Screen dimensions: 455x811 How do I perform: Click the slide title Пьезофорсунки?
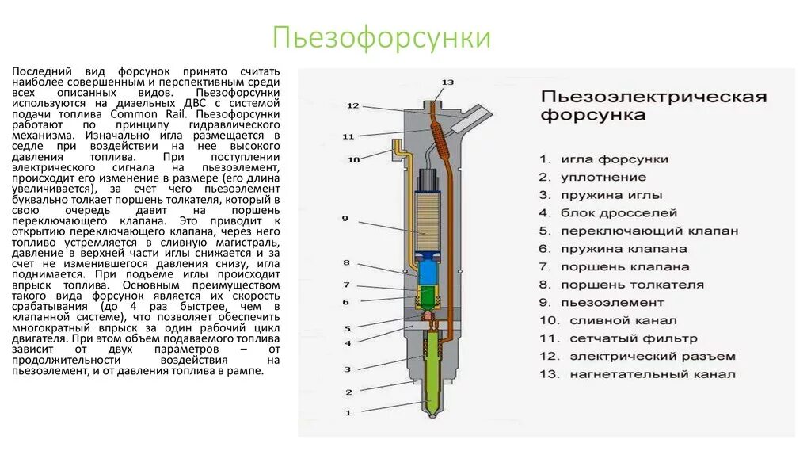[x=382, y=38]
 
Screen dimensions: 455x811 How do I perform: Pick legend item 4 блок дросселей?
[x=609, y=212]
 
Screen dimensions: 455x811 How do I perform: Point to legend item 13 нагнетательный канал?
[x=639, y=374]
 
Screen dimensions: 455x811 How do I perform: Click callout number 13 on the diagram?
[x=447, y=82]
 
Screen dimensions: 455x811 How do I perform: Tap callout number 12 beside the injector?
[x=353, y=105]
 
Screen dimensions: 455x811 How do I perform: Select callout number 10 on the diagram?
[x=353, y=159]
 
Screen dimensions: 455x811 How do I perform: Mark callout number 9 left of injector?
[x=345, y=218]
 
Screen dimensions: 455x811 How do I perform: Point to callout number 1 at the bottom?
[x=346, y=412]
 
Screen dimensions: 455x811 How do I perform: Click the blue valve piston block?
[x=428, y=273]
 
